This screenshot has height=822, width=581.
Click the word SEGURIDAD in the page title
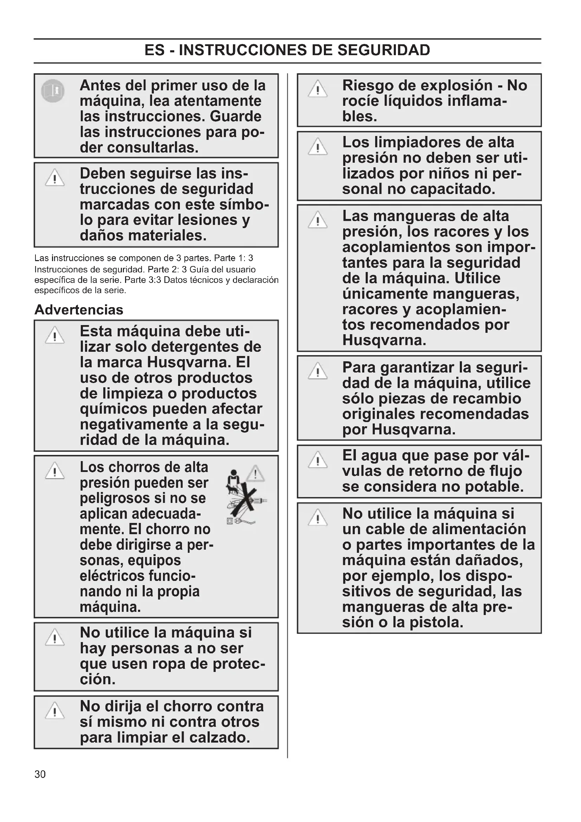click(x=384, y=50)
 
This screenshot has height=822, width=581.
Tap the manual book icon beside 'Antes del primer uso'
click(x=53, y=91)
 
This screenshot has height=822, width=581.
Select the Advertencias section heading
click(x=79, y=310)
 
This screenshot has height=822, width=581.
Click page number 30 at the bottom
click(x=40, y=775)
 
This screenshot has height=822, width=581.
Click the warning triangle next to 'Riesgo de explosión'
click(x=317, y=89)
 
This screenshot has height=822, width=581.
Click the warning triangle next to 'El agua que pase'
click(x=317, y=460)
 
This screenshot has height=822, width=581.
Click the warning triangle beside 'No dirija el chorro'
click(x=55, y=711)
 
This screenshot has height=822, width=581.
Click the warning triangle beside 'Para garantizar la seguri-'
click(x=317, y=371)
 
